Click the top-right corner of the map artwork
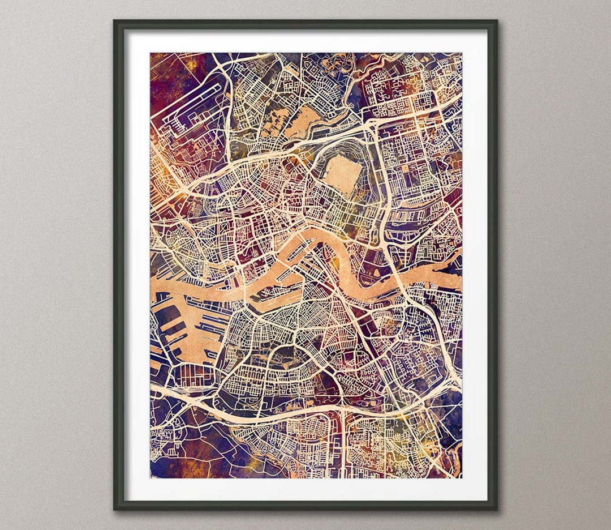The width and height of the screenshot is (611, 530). pos(461,53)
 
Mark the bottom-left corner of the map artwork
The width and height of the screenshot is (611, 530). pos(150,477)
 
